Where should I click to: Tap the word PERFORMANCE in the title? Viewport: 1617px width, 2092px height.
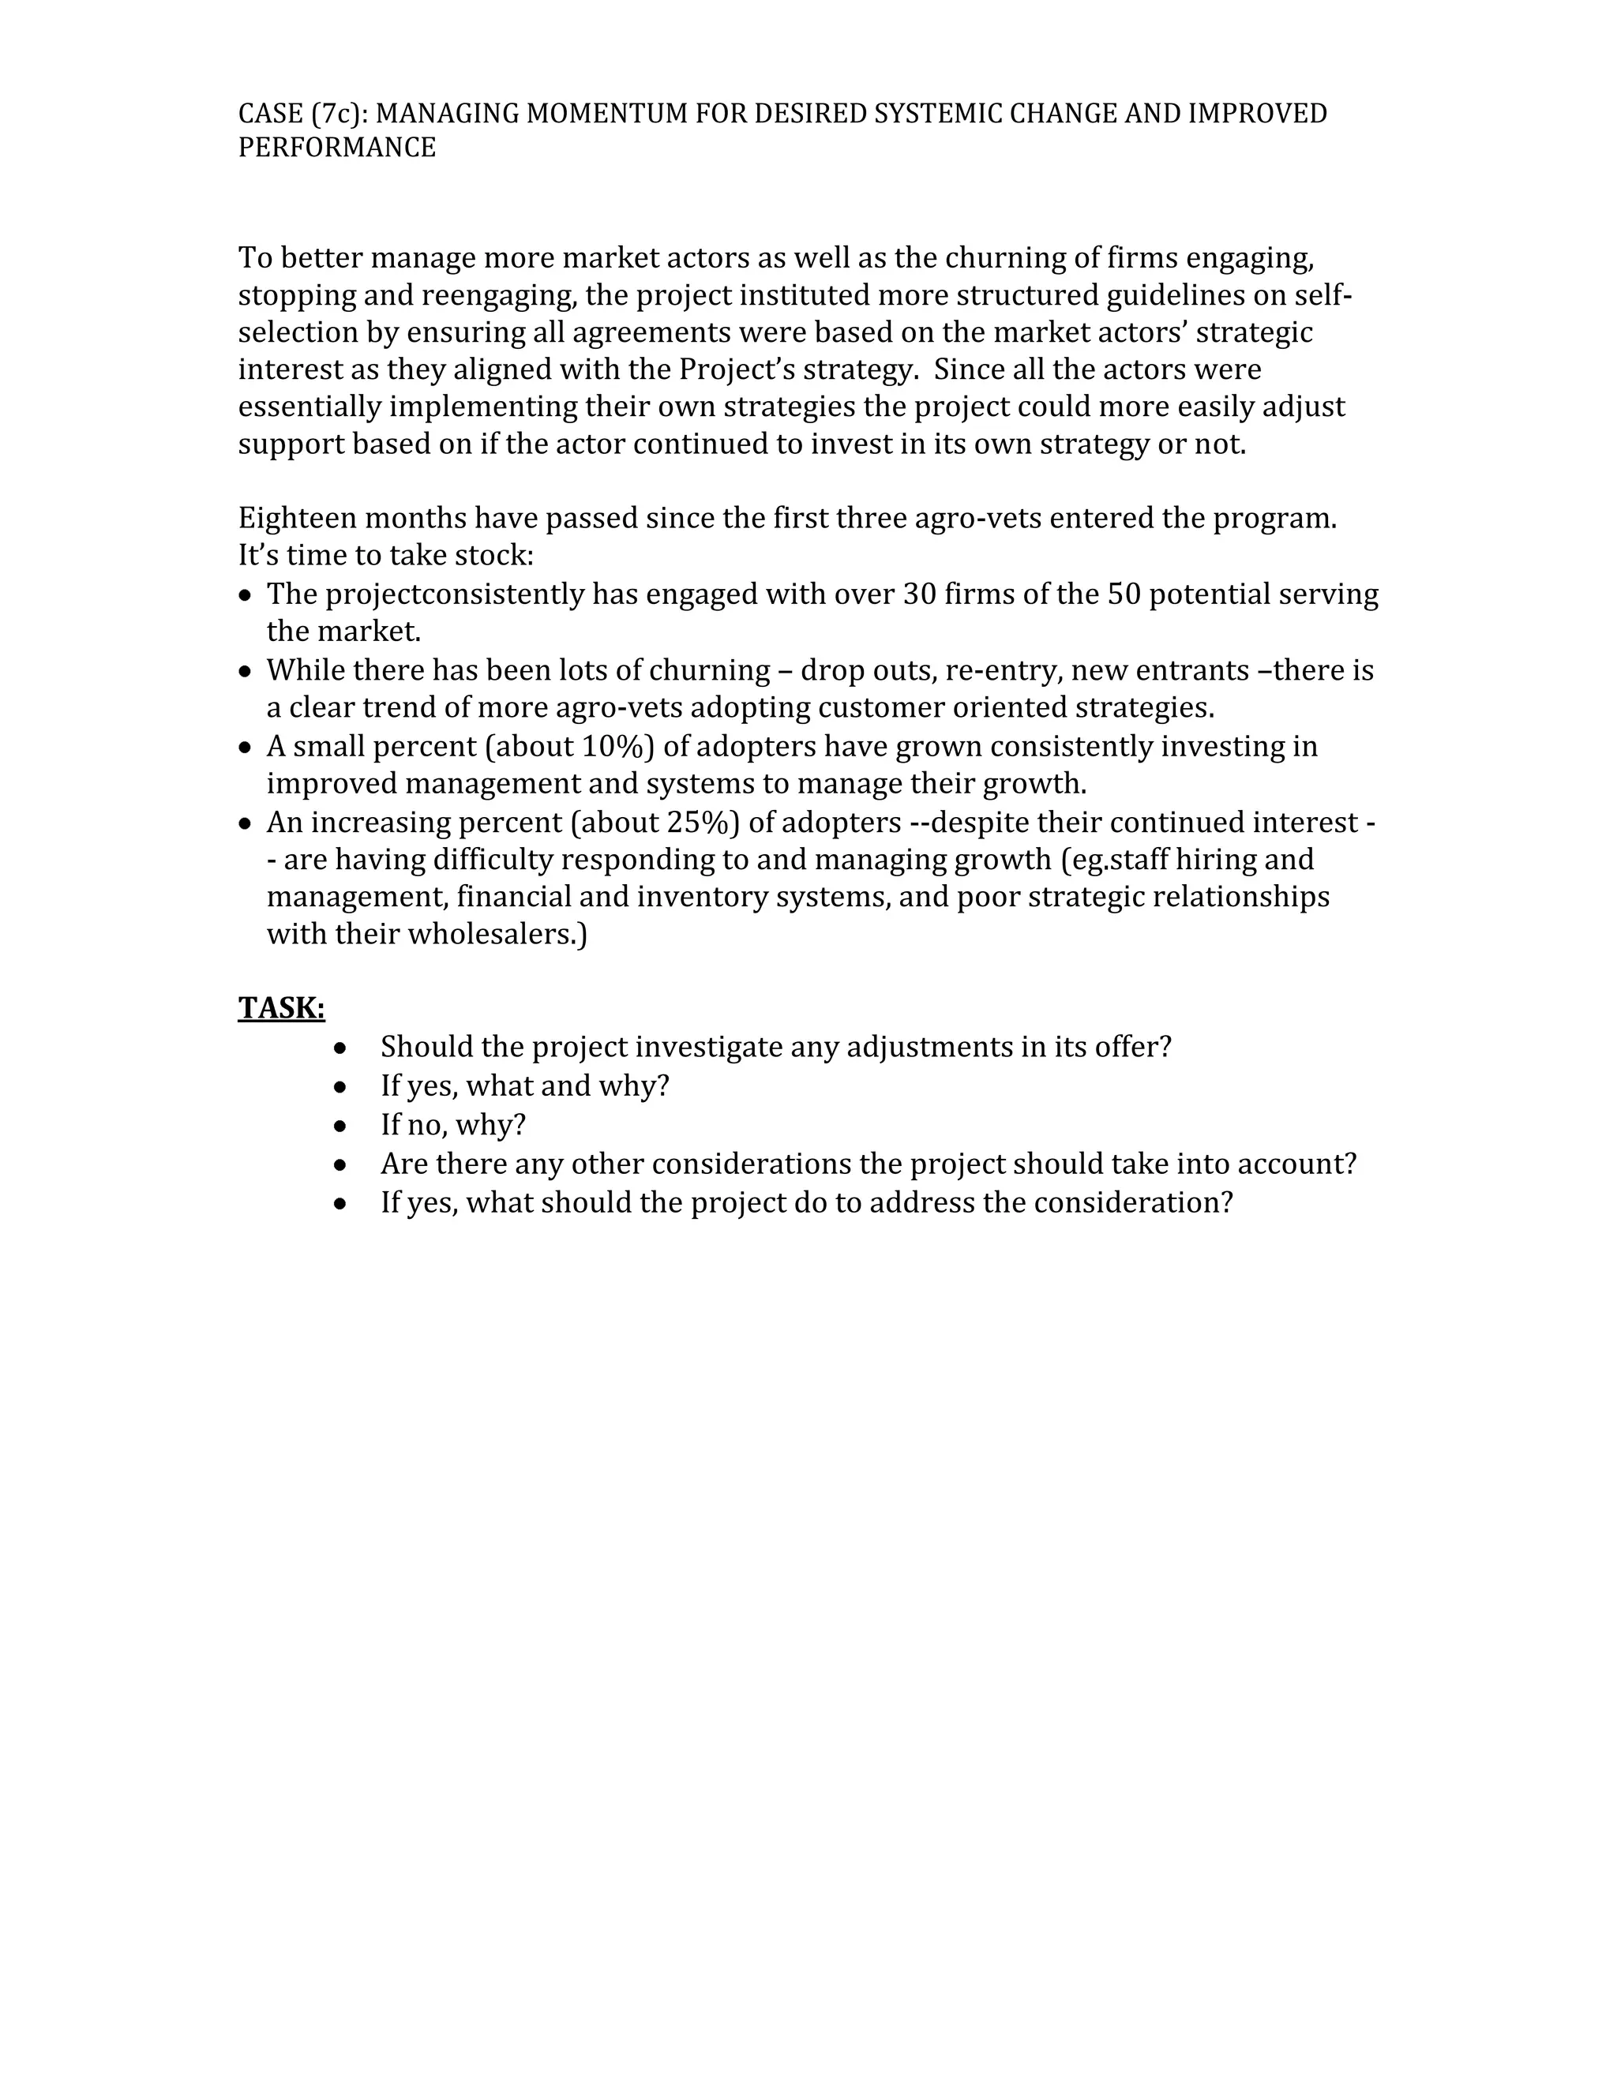337,148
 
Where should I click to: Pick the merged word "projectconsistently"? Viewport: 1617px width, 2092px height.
454,595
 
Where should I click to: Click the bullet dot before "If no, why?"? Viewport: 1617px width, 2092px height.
340,1127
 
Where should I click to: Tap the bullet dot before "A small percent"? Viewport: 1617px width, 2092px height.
246,747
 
